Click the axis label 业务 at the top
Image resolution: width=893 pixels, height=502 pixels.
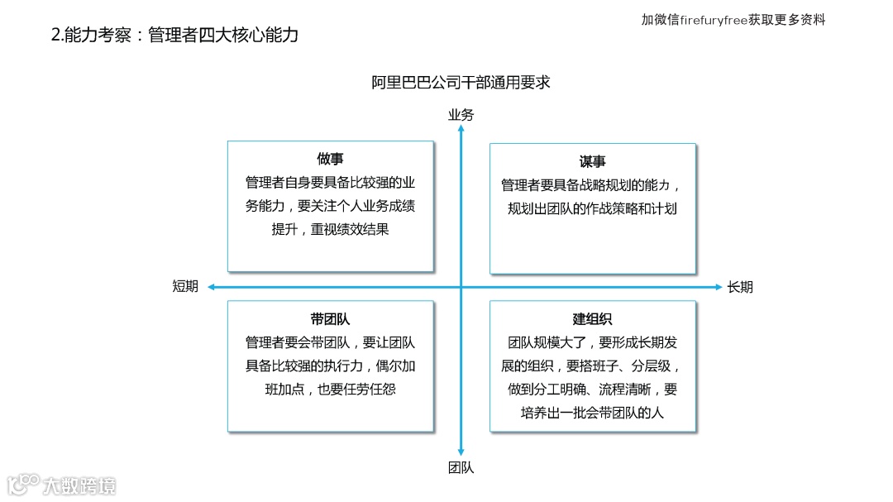[461, 115]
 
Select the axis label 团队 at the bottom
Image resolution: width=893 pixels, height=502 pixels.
[461, 467]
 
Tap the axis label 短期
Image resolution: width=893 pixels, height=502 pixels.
[185, 287]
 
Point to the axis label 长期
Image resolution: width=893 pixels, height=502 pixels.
[740, 287]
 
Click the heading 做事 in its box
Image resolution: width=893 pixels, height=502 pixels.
[330, 159]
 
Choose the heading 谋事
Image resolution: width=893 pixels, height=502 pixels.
[592, 161]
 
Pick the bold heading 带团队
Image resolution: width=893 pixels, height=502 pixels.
[330, 318]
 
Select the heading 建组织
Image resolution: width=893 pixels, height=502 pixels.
[592, 318]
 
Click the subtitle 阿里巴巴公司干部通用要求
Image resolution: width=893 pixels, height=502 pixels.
[461, 83]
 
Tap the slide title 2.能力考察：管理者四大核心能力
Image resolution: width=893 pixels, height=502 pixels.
[174, 35]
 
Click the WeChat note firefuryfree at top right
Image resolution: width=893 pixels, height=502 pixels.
[733, 20]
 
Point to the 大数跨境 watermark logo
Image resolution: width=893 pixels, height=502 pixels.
[62, 484]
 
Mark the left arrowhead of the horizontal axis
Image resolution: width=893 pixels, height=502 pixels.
[212, 287]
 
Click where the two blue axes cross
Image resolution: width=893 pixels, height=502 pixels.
[461, 287]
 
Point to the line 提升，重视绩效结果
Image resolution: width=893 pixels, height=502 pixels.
[330, 230]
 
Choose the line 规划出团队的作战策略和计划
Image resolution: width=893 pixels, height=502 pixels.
[592, 208]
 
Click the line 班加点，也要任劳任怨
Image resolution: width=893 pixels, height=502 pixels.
[330, 389]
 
